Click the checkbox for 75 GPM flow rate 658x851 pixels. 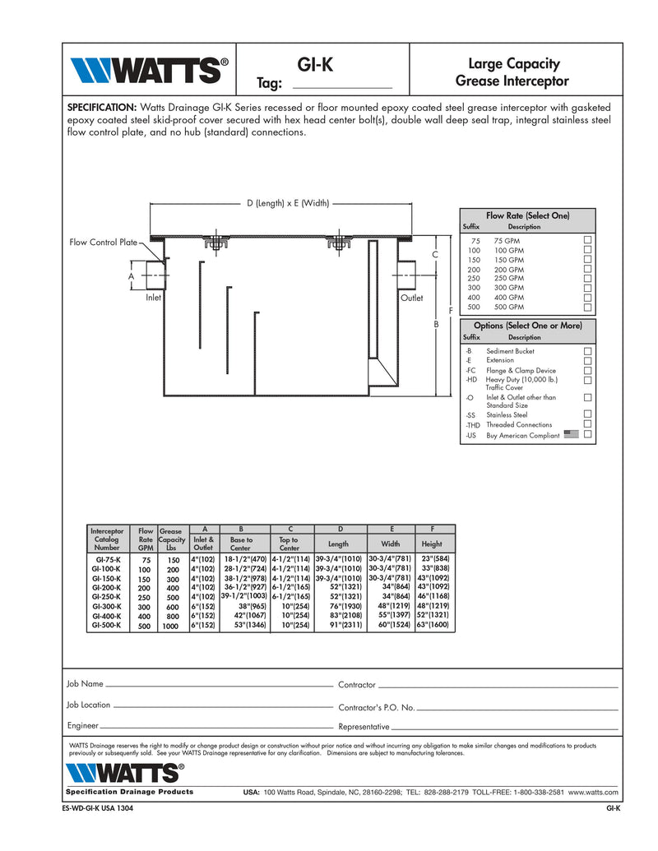[588, 240]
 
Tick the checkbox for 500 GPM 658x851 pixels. [588, 307]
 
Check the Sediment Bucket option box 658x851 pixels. [588, 351]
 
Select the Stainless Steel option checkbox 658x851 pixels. [588, 414]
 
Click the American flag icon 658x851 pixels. [572, 434]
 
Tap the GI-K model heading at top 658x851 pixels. [317, 63]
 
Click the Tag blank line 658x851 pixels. [342, 85]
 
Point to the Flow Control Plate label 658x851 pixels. [103, 243]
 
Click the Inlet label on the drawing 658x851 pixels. [153, 298]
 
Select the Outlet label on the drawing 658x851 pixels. [411, 298]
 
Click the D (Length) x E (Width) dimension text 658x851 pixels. [288, 203]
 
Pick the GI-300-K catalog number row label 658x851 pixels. [107, 606]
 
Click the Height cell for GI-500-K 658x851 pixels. [433, 625]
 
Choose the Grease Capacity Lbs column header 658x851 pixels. [171, 539]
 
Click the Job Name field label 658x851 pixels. [85, 683]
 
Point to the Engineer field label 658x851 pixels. [82, 725]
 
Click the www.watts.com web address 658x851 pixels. [593, 792]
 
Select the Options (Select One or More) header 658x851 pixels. [527, 326]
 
